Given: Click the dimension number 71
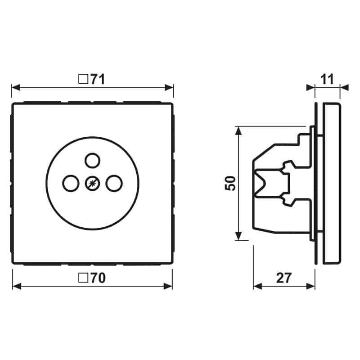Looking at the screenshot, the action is coord(98,79).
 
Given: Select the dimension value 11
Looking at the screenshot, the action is coord(327,79).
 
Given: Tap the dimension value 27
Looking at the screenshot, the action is coord(284,278).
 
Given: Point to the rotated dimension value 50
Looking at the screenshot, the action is coord(230,183).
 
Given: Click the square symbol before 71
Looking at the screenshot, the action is coord(83,79).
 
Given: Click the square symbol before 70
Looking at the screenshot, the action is coord(83,278).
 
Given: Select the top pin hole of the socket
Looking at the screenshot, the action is coord(92,161).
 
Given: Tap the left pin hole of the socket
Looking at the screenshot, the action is coord(71,183).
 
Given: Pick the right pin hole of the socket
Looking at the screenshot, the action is coord(114,183).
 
